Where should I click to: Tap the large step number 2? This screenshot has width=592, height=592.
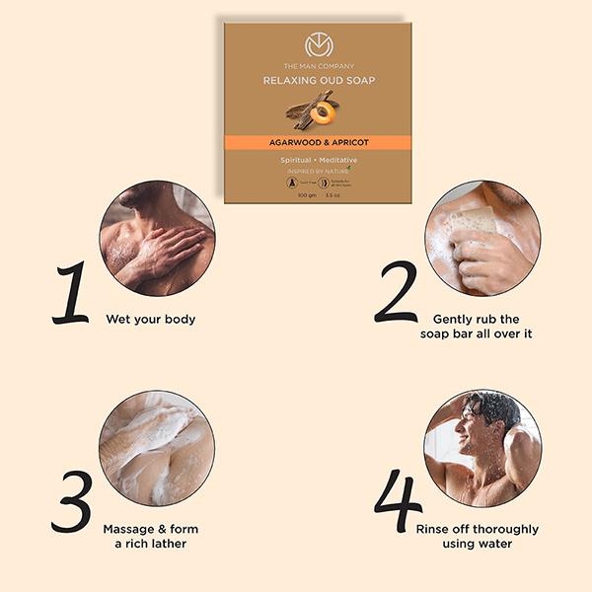[x=396, y=292]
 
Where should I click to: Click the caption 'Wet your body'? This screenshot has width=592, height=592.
[x=151, y=319]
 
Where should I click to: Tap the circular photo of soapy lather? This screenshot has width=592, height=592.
[x=157, y=448]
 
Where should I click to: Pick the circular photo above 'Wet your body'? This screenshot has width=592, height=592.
[x=157, y=238]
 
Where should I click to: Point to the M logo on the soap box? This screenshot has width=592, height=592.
[x=318, y=45]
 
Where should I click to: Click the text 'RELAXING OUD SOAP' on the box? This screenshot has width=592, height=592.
[x=318, y=82]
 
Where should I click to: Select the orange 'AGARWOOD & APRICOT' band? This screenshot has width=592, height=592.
[x=318, y=142]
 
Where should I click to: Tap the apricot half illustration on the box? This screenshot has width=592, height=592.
[x=323, y=114]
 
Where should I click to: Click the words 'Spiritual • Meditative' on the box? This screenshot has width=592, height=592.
[x=318, y=159]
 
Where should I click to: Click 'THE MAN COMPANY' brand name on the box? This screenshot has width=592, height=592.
[x=318, y=66]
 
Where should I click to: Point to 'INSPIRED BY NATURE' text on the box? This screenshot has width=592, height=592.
[x=316, y=170]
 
